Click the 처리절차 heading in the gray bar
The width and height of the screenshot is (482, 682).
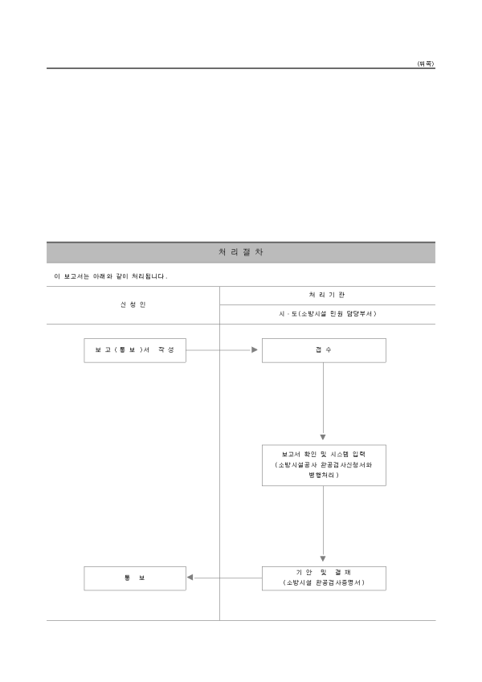click(x=240, y=252)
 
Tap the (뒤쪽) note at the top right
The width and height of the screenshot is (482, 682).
click(x=426, y=63)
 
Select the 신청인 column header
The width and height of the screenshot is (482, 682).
click(x=133, y=305)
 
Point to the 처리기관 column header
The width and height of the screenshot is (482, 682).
click(x=327, y=295)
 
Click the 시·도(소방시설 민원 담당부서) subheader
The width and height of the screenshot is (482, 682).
click(x=327, y=314)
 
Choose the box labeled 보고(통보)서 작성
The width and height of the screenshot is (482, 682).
click(x=134, y=350)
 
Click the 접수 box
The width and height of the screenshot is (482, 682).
click(x=324, y=350)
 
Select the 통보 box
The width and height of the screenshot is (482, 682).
click(x=134, y=578)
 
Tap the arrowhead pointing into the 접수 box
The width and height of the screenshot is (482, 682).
click(x=255, y=350)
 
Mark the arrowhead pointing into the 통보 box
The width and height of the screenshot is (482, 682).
click(x=190, y=578)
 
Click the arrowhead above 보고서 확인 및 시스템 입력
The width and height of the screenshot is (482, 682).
click(x=324, y=437)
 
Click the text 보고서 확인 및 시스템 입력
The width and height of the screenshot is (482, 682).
click(x=324, y=454)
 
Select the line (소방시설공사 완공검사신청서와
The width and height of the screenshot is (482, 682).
click(x=324, y=465)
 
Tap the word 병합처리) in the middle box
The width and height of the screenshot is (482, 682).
click(x=324, y=476)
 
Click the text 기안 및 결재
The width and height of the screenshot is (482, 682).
click(x=324, y=571)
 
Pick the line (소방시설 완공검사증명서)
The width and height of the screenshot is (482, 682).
click(x=324, y=582)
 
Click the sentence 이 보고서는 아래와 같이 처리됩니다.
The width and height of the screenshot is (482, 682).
click(x=110, y=276)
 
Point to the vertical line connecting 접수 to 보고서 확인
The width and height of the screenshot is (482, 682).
click(x=324, y=398)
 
